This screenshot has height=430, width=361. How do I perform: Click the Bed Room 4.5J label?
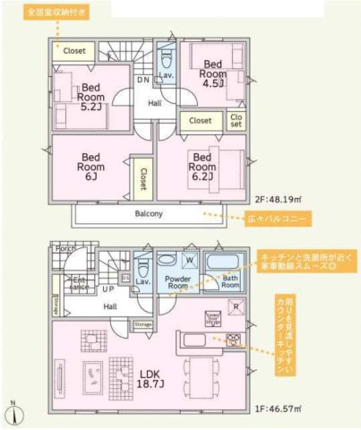212,74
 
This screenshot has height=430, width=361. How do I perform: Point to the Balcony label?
149,214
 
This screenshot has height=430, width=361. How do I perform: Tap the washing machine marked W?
189,261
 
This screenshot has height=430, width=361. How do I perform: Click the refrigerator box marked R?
235,307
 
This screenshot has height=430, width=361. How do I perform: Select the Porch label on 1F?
64,248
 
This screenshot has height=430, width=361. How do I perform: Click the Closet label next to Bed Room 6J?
142,179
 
